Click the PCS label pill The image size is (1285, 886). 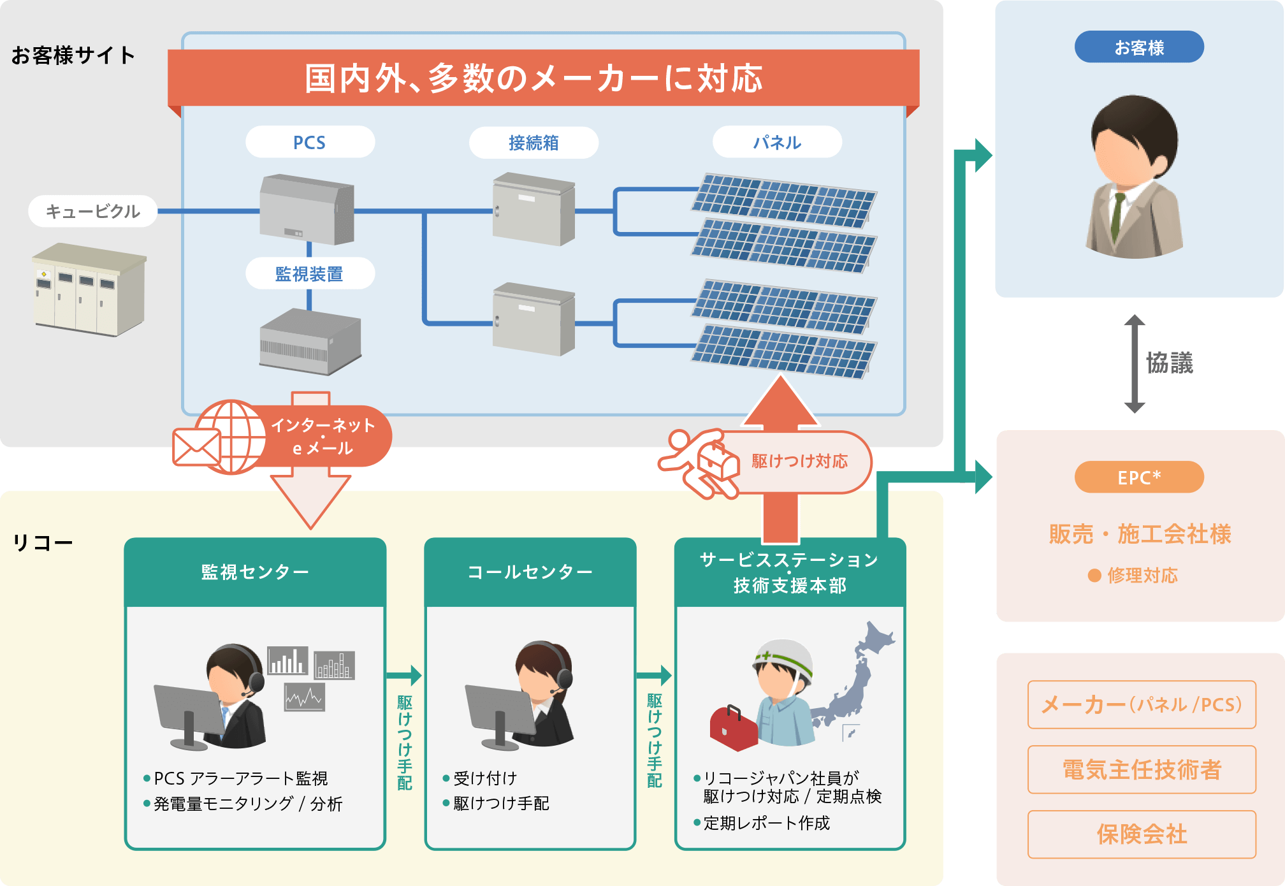click(x=310, y=142)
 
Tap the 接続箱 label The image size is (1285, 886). click(x=534, y=142)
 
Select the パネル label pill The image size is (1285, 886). click(x=777, y=142)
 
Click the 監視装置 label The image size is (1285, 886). click(x=310, y=273)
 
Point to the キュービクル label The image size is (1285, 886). click(x=93, y=211)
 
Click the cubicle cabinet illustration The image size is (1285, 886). click(x=89, y=290)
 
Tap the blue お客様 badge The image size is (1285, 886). click(x=1139, y=47)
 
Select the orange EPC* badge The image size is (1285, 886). click(x=1139, y=477)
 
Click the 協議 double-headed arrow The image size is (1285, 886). click(x=1135, y=363)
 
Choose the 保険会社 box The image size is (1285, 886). click(x=1142, y=834)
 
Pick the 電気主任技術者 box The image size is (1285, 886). click(x=1142, y=769)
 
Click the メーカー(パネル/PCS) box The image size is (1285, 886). click(x=1142, y=704)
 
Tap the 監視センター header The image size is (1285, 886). click(x=255, y=572)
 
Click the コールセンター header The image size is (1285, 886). click(x=530, y=572)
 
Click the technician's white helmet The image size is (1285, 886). click(x=785, y=660)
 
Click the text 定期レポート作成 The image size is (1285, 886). click(x=766, y=823)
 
